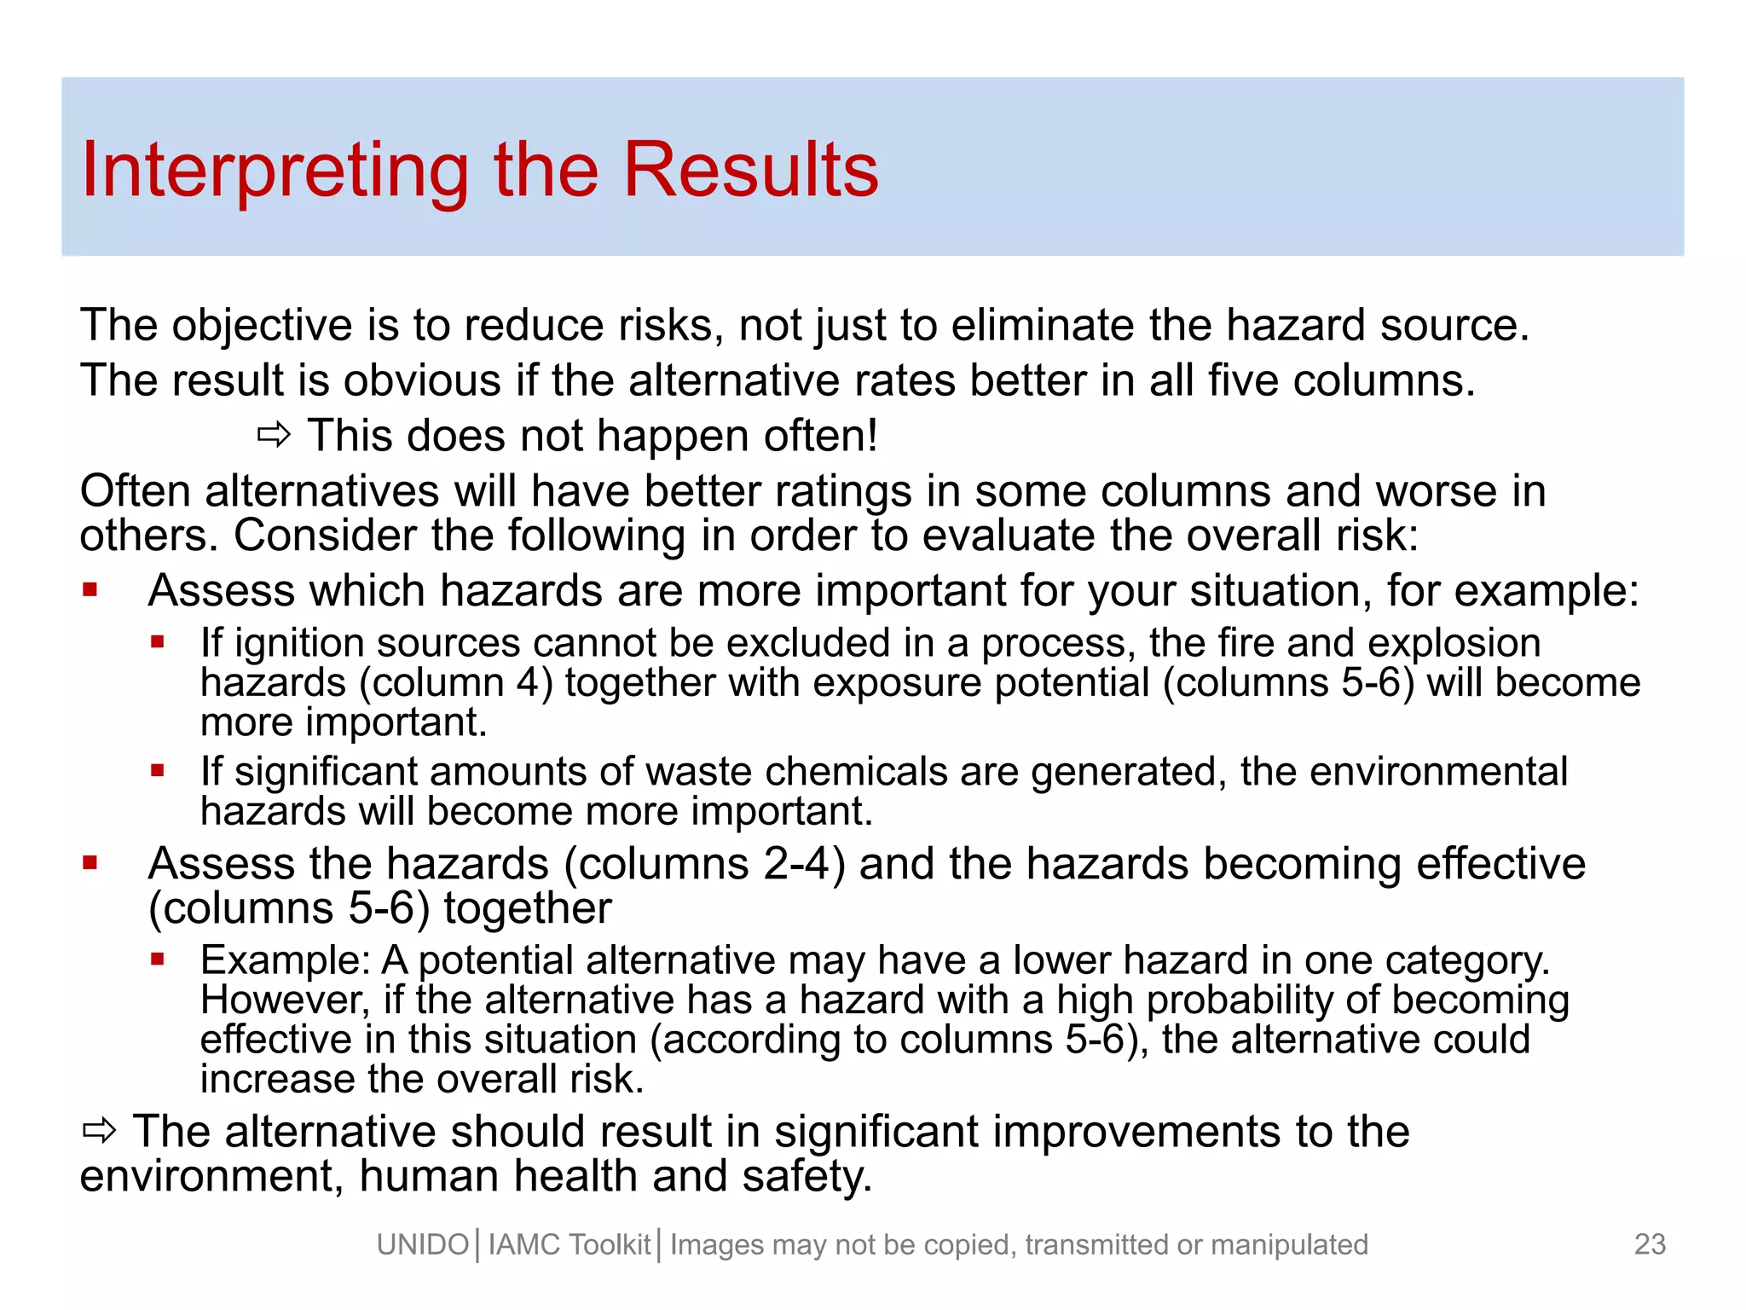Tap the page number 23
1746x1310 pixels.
tap(1650, 1244)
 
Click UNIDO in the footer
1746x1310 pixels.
tap(423, 1245)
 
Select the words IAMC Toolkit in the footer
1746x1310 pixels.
tap(569, 1245)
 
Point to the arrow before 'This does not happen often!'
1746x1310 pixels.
tap(274, 437)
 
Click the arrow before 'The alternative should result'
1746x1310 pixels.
tap(99, 1132)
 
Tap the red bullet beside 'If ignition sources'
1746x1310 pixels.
tap(157, 642)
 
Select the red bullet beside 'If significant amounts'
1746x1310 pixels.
tap(157, 771)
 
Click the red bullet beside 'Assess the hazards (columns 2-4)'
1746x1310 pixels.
tap(90, 863)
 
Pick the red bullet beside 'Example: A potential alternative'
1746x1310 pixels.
tap(157, 959)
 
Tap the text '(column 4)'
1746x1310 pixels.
tap(455, 683)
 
